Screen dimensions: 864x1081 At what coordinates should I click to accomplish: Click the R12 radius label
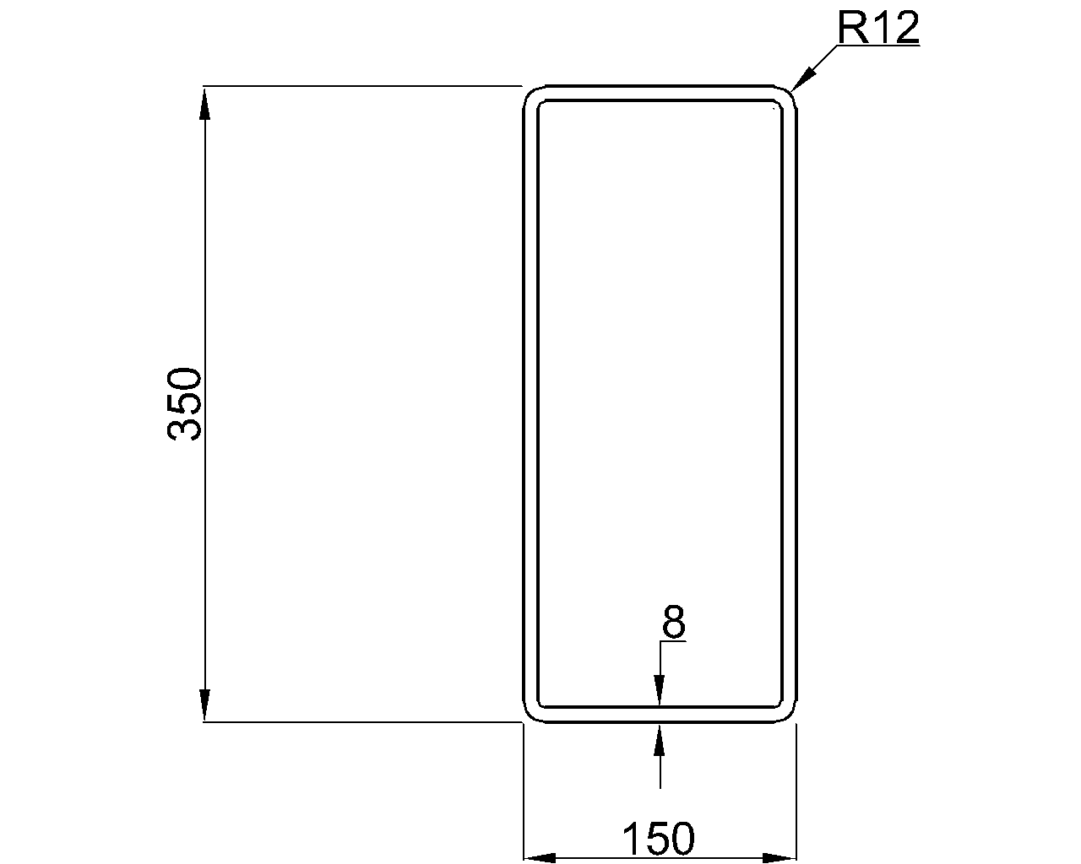tap(878, 30)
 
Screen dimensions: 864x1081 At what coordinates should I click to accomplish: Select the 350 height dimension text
tap(185, 404)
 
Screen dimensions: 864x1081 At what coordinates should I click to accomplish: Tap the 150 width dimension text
tap(659, 839)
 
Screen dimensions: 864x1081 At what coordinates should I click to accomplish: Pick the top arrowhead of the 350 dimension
tap(204, 101)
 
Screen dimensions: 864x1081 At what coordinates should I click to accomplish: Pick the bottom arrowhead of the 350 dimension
tap(204, 706)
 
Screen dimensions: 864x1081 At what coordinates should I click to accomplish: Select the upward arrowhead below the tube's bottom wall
tap(660, 739)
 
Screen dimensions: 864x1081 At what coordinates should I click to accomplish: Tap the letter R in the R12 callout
tap(851, 30)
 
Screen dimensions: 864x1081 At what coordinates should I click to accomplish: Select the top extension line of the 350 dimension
tap(363, 86)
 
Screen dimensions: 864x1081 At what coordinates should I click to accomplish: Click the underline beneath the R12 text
tap(878, 46)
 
